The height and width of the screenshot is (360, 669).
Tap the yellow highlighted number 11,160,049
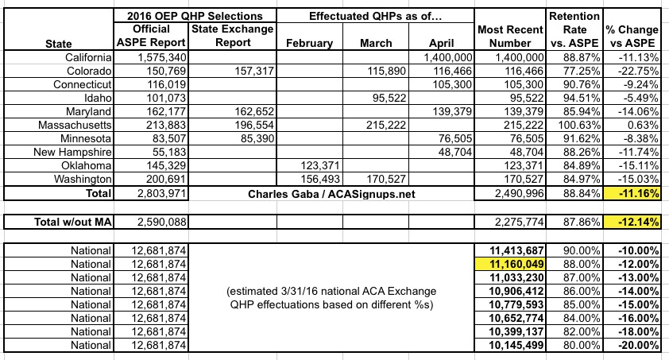pos(509,263)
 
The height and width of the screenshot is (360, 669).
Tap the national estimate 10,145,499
pos(509,346)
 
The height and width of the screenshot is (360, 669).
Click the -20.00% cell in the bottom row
pos(635,346)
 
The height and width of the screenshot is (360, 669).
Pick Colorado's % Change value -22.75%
pos(635,72)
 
